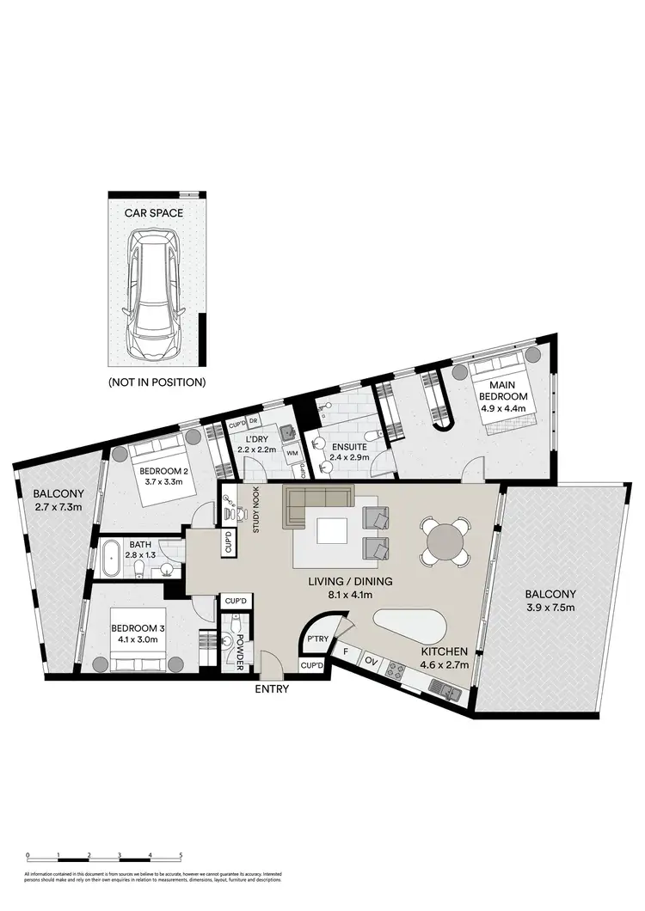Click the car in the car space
click(x=155, y=292)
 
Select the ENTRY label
click(x=271, y=688)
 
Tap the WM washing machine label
click(x=292, y=451)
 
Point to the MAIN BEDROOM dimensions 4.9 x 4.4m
click(x=503, y=410)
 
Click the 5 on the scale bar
click(x=181, y=856)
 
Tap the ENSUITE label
click(x=351, y=447)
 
